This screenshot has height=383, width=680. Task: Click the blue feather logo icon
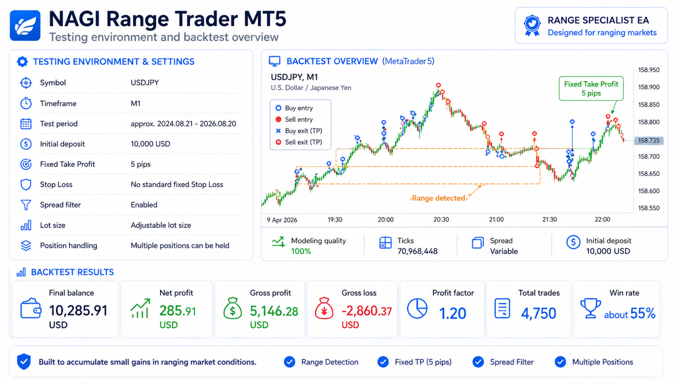pos(25,26)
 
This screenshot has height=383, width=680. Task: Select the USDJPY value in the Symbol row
pos(144,83)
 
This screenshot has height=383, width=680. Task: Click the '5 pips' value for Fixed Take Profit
pos(141,164)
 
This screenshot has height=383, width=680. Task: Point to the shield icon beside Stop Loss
pos(26,184)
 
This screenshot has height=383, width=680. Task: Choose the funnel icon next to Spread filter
pos(26,205)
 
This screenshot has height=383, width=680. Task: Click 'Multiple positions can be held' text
pos(180,245)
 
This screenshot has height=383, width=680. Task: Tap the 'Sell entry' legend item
pos(294,119)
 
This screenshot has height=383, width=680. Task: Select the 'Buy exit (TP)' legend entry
pos(299,131)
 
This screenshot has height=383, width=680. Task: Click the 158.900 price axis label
pos(649,87)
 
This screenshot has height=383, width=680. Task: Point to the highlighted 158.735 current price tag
pos(649,141)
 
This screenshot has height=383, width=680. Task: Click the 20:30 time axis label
pos(441,219)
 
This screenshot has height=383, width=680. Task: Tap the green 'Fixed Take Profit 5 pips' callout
pos(591,88)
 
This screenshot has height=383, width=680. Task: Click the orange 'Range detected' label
pos(438,198)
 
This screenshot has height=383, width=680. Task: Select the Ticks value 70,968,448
pos(417,251)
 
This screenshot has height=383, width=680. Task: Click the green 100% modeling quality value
pos(301,251)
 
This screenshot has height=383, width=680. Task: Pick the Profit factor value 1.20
pos(452,313)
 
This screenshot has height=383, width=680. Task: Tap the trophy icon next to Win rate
pos(590,308)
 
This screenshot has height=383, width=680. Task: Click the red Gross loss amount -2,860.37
pos(367,311)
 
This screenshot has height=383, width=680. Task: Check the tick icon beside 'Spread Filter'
pos(478,362)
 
